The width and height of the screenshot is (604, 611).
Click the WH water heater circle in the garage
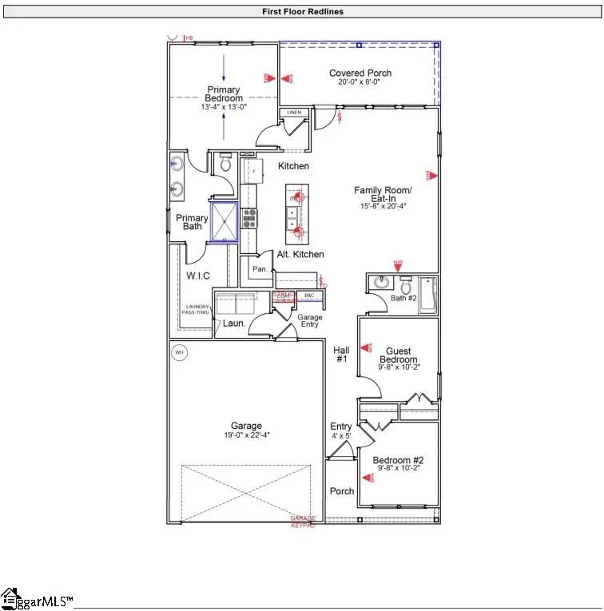(x=179, y=352)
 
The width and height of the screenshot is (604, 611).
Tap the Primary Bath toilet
(x=225, y=165)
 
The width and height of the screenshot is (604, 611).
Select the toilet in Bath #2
(x=407, y=285)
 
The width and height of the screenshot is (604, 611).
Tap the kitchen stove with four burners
(x=249, y=217)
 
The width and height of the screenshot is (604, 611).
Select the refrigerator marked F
(x=252, y=172)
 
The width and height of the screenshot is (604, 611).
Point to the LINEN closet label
(x=294, y=113)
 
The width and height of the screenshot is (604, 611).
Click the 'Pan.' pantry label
(x=260, y=270)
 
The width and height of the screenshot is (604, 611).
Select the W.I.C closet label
(x=198, y=276)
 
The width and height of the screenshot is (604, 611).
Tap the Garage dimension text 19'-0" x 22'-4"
(x=244, y=435)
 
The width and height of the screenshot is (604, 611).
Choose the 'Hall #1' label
(x=341, y=355)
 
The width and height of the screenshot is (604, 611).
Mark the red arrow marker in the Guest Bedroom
(x=368, y=347)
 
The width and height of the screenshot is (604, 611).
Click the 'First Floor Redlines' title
(x=301, y=12)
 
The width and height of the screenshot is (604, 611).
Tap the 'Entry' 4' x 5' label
(x=341, y=430)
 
